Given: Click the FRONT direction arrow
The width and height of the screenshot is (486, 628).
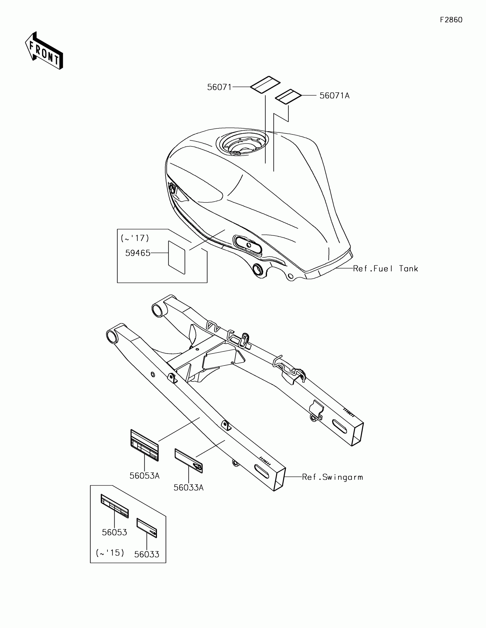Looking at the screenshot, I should coord(44,51).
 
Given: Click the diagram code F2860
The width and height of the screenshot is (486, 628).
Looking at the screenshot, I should coord(451,20).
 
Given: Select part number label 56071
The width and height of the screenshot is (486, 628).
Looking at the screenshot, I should coord(219,87).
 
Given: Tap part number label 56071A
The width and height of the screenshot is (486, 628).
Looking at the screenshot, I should coord(334,96).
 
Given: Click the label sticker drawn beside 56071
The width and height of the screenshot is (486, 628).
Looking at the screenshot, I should coord(265,85).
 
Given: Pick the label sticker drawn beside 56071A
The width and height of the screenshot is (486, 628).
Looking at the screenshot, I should coord(288,96).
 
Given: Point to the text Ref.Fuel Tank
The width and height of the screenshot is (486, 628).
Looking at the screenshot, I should coord(385,269).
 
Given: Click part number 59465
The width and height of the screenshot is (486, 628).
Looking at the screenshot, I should coord(138,253).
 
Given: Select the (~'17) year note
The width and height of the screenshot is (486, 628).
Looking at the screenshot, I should coord(135,238).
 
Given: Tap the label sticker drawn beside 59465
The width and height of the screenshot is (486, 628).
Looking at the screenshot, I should coord(176,257).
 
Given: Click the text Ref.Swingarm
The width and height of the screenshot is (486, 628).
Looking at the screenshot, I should coord(332,477).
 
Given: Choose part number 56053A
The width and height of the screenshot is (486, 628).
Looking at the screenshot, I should coord(144,476).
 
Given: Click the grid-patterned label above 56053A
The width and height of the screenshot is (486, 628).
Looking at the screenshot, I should coord(144,445).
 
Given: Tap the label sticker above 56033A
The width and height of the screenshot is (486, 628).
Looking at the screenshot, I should coord(188,461).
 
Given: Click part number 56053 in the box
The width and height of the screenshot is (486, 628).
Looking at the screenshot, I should coord(114,532).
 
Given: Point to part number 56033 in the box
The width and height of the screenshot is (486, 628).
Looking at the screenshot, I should coord(147,554).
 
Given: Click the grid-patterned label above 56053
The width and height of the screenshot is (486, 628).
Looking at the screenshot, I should coord(114,506).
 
